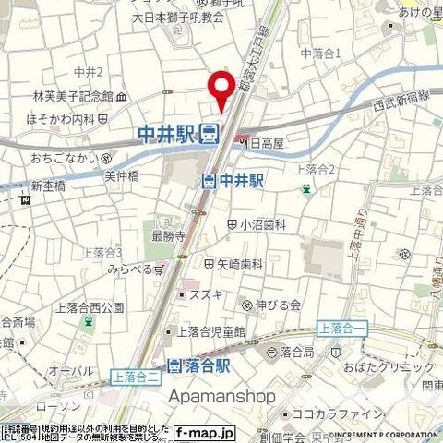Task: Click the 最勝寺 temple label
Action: point(163,235)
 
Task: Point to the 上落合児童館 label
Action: point(212,331)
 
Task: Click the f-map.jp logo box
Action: point(205,432)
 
